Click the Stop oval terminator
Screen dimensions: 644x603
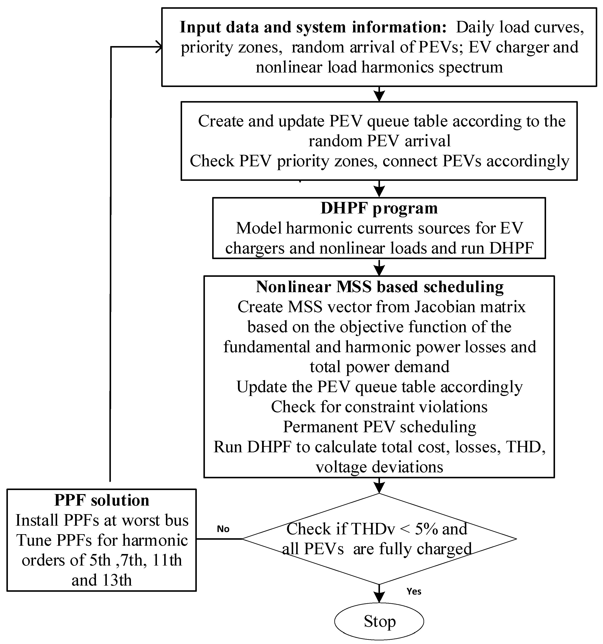(379, 621)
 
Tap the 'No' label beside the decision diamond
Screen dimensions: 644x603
(223, 529)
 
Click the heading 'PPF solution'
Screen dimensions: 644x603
(102, 500)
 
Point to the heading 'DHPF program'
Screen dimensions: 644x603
(379, 208)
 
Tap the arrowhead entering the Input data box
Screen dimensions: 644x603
(159, 47)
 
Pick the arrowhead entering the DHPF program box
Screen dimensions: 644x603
(379, 193)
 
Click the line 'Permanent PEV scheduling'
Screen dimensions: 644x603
(380, 427)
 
